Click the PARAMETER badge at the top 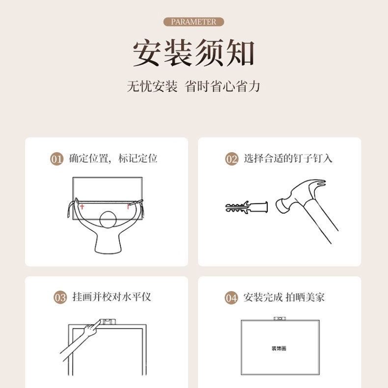coord(194,22)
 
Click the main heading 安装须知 coord(194,54)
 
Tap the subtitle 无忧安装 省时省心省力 coord(194,87)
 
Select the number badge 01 coord(57,159)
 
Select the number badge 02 coord(231,159)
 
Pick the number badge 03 coord(60,298)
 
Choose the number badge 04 coord(231,298)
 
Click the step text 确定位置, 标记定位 coord(113,159)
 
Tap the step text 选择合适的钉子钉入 coord(288,159)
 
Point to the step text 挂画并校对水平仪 coord(111,297)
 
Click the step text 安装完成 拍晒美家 coord(284,297)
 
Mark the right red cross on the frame coord(128,206)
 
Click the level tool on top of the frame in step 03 coord(108,321)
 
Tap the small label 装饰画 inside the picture coord(278,348)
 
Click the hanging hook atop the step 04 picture coord(279,318)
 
